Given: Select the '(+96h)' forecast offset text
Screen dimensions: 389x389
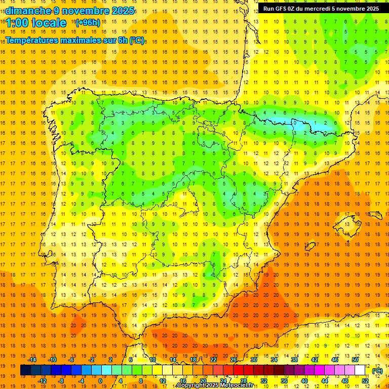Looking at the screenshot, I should pos(88,22).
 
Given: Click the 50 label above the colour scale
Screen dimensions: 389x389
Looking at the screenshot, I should pos(355,359).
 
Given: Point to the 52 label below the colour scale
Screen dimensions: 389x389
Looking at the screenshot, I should pos(365,381).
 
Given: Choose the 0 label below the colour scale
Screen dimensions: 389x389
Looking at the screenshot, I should pos(100,381).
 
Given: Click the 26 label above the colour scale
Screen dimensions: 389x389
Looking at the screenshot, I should pos(234,359).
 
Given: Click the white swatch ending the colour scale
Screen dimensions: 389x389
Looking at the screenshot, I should pos(360,370).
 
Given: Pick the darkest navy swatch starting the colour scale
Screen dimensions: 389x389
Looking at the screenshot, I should pos(25,370).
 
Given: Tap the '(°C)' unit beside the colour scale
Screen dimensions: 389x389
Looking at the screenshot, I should pos(377,371).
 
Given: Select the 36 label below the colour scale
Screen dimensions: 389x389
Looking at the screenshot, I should pos(284,381).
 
